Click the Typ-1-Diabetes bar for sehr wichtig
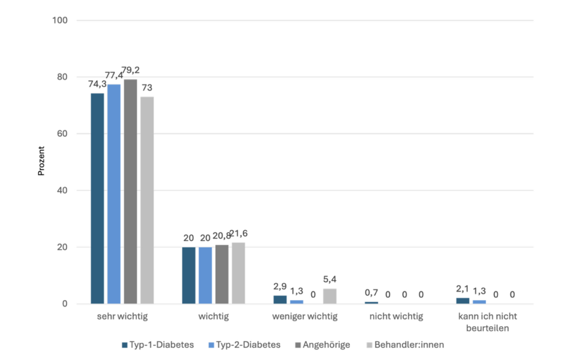click(97, 199)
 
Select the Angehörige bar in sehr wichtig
click(130, 192)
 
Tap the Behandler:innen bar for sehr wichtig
click(147, 200)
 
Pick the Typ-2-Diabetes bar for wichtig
click(205, 276)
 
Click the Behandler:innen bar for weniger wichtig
click(329, 297)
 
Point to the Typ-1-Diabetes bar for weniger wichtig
click(280, 300)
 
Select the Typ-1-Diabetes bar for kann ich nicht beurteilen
click(462, 301)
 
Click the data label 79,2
click(131, 71)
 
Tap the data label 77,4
click(114, 74)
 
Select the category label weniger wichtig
click(305, 317)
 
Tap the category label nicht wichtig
click(396, 317)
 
